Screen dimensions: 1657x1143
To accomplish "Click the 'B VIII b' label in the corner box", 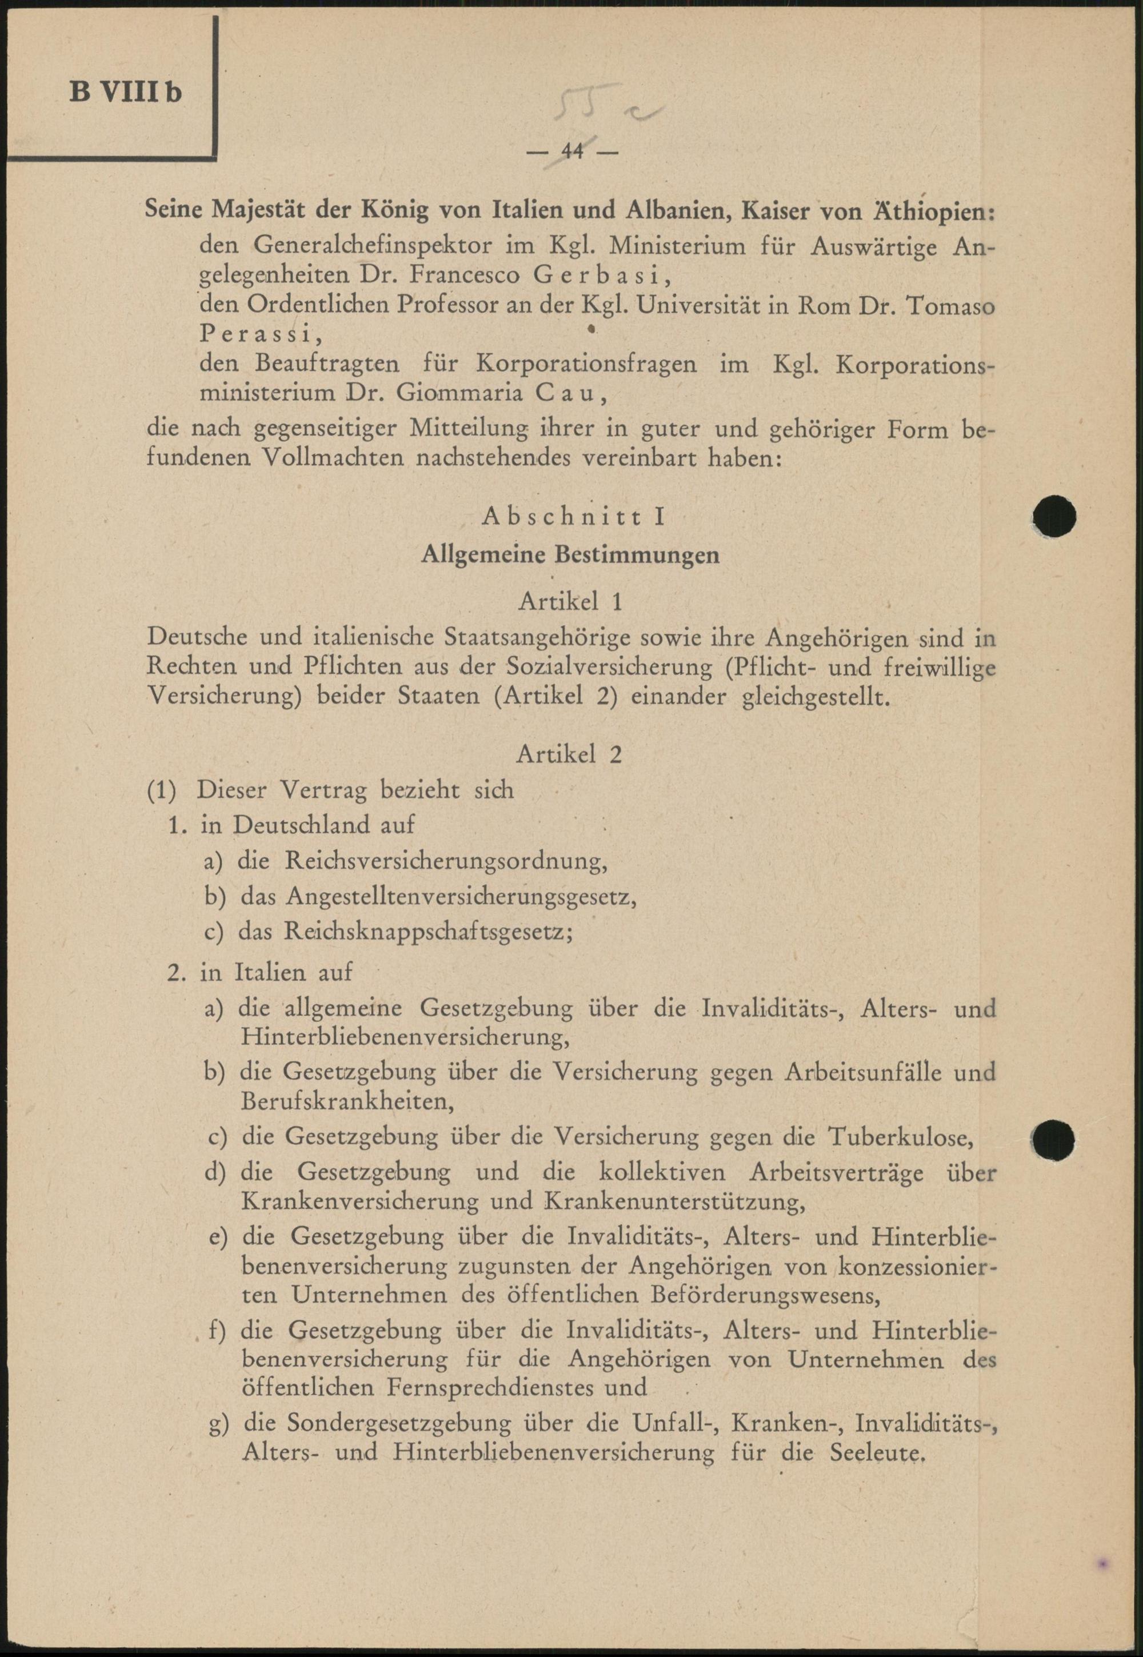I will (x=125, y=93).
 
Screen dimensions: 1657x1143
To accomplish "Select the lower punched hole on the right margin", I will (x=1054, y=1139).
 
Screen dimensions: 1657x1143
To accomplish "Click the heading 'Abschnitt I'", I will (x=574, y=516).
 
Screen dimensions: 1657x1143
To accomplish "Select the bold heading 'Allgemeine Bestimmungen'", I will (x=570, y=555).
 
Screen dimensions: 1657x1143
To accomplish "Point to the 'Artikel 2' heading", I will (x=569, y=754).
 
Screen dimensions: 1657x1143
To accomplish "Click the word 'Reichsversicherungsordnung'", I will (x=445, y=861).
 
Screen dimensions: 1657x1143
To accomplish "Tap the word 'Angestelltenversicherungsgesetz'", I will (x=461, y=897).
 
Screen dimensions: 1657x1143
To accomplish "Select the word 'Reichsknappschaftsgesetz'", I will (x=427, y=932).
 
